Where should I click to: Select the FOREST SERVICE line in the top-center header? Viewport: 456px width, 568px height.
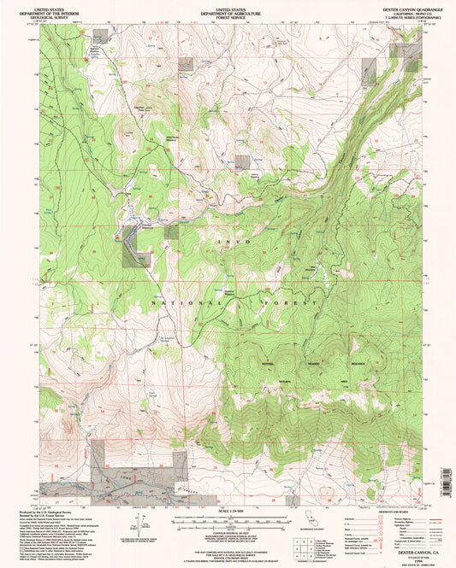click(227, 16)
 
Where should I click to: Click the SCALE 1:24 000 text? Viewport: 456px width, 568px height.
click(227, 511)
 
